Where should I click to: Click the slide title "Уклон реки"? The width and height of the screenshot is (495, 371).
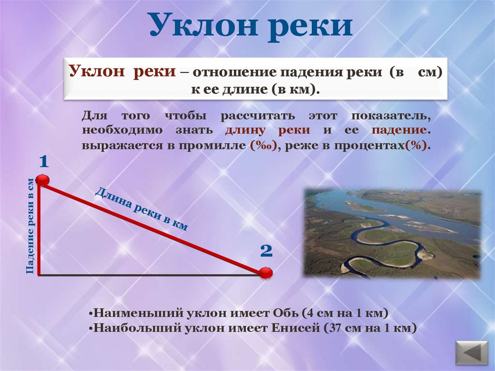(250, 26)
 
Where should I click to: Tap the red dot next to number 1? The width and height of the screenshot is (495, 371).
(43, 181)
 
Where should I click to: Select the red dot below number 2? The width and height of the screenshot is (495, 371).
(265, 273)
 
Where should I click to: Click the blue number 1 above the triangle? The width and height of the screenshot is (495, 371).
(43, 162)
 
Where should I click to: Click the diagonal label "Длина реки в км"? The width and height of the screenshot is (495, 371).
(141, 208)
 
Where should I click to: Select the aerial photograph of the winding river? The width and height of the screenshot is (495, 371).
(392, 234)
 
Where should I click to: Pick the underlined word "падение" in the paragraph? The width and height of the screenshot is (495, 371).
(399, 131)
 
